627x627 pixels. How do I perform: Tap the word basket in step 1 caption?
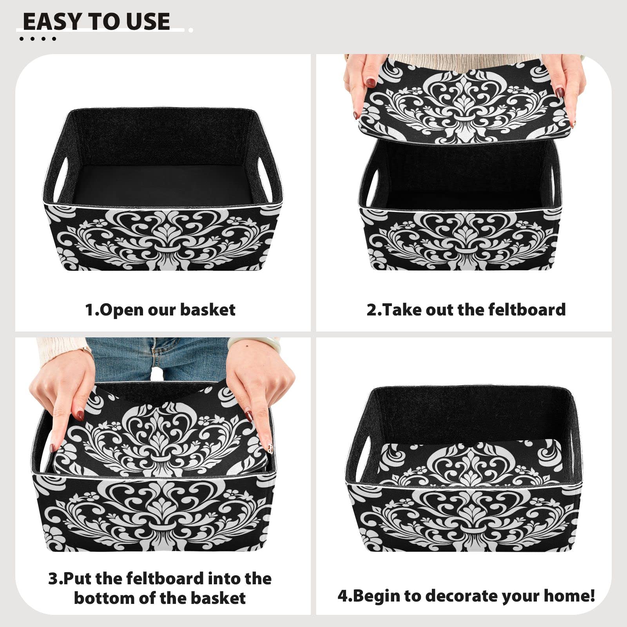(207, 310)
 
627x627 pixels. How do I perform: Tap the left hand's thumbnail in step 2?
(370, 83)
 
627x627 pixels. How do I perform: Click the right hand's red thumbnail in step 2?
(560, 93)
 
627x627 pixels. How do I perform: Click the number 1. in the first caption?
(92, 310)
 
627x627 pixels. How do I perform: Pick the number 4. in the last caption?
(344, 596)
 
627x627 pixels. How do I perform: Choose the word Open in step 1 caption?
(121, 310)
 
